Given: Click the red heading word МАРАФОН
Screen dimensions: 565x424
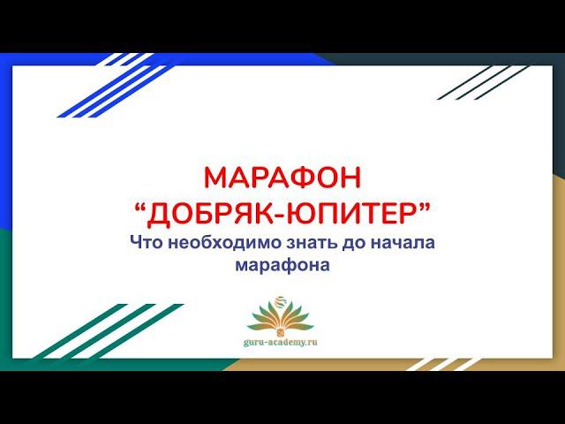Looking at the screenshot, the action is point(282,178).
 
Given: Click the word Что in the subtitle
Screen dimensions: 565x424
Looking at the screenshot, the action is point(147,242).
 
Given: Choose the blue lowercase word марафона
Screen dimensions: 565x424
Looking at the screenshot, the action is point(282,265).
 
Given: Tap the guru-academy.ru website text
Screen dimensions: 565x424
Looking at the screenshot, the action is point(281,342).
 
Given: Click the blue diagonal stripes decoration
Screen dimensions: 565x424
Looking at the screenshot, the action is point(116,85).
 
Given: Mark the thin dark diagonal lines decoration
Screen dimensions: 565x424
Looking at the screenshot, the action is point(483,82).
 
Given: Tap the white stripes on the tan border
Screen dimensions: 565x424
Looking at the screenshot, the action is point(443,365).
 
